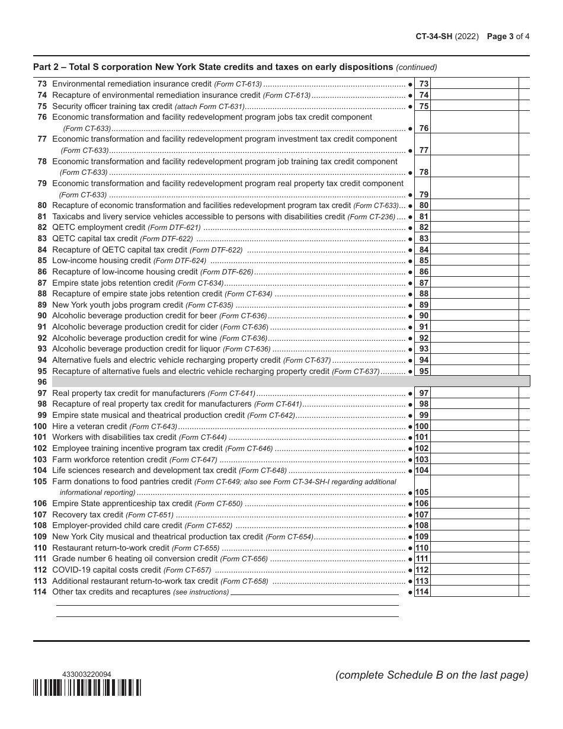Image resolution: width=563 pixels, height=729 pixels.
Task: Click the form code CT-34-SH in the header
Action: [433, 36]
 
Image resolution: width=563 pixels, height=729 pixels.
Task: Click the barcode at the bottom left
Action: [87, 688]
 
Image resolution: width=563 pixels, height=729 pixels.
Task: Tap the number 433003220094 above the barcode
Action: [87, 674]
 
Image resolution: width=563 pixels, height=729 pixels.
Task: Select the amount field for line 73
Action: [474, 84]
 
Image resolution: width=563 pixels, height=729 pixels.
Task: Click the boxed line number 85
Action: [423, 261]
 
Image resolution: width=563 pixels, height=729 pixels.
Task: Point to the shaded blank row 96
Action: [290, 382]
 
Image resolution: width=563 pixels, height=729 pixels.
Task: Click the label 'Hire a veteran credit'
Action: [89, 426]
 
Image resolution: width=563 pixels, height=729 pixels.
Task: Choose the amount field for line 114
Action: [474, 591]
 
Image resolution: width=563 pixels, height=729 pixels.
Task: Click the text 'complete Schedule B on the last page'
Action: [431, 675]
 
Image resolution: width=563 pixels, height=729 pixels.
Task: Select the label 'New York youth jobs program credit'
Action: [118, 305]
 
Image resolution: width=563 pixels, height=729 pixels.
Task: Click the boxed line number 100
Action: [422, 426]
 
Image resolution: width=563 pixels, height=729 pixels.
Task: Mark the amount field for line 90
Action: [474, 316]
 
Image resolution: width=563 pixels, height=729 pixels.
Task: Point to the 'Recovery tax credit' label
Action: [88, 514]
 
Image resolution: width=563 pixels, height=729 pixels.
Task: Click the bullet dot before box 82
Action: [410, 228]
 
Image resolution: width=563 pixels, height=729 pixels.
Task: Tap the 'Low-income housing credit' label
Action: [101, 261]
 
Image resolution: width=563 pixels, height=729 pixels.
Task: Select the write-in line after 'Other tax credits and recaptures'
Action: [314, 592]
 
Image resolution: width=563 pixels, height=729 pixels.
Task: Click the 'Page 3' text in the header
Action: [500, 36]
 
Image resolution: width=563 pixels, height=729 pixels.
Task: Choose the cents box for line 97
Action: [524, 393]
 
